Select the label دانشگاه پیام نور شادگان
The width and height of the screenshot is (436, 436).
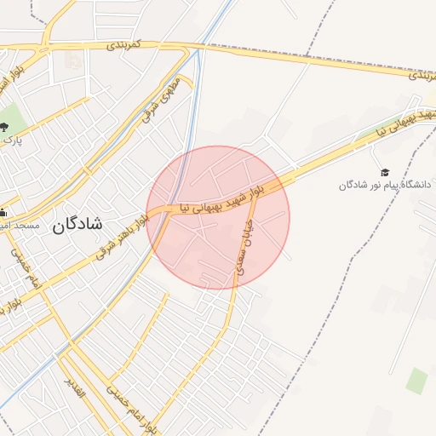[386, 185]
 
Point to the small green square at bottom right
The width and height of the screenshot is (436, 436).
[416, 380]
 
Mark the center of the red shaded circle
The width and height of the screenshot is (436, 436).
[218, 217]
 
